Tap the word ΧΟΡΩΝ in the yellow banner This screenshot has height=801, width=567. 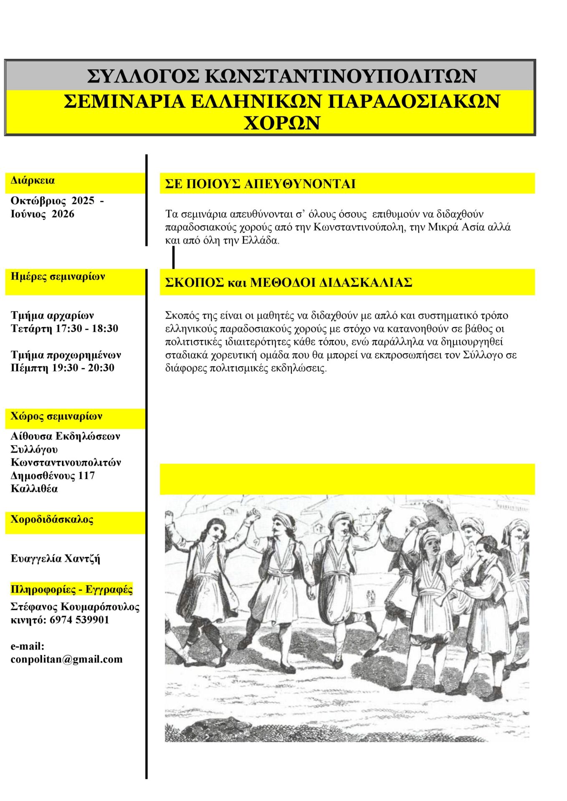[282, 123]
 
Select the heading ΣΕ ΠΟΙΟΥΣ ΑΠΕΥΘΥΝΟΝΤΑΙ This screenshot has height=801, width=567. [260, 184]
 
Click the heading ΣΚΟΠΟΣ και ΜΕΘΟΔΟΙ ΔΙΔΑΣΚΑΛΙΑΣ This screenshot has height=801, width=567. [289, 282]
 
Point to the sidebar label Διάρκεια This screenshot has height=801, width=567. [33, 181]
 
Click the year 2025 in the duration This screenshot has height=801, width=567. [83, 201]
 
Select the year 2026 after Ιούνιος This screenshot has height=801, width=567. [63, 214]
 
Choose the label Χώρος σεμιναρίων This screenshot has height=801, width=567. [56, 416]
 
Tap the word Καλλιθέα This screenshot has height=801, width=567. [34, 489]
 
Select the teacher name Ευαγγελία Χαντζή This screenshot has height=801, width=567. [55, 559]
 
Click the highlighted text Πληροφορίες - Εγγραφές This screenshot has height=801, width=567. [71, 589]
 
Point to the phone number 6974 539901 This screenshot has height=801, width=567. [79, 620]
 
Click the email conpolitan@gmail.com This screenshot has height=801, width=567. [67, 660]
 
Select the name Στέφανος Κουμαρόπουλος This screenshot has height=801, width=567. [75, 607]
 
